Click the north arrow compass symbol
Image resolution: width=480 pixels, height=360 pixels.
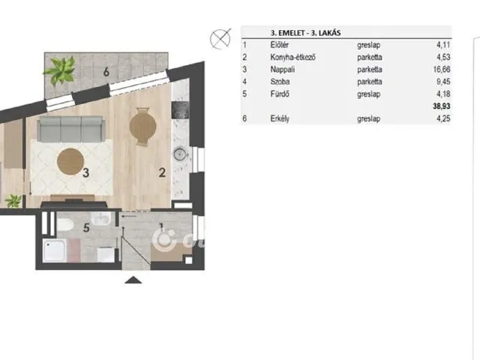220,39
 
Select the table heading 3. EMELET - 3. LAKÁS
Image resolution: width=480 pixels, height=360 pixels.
305,33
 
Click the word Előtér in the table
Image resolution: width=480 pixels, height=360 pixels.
279,45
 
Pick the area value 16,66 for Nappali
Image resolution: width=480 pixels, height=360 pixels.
442,70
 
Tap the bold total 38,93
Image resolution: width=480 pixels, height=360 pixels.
442,106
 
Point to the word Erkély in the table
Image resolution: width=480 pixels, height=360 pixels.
280,118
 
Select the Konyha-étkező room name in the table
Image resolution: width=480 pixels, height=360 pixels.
292,57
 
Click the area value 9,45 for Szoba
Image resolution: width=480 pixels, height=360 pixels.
443,82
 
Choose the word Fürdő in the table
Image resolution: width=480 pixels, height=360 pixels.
280,94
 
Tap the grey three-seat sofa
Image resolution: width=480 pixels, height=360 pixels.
70,129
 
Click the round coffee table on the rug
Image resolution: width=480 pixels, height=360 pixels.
70,161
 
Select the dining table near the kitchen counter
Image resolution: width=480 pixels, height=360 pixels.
142,126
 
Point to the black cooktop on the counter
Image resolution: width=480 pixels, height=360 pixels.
180,110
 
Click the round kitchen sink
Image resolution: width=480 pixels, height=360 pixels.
180,154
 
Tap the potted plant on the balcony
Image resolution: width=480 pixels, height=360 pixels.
60,70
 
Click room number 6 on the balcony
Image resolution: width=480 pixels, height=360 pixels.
106,72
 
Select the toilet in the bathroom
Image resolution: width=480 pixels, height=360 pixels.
64,225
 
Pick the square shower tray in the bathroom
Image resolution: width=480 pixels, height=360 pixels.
54,250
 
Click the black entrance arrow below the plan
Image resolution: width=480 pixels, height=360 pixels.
133,280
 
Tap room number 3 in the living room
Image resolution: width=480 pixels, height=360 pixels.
85,173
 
